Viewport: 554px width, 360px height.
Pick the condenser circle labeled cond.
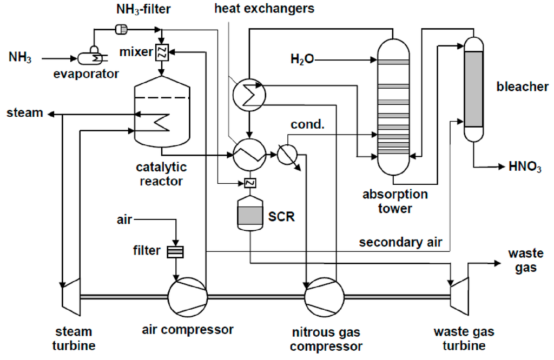(x=287, y=155)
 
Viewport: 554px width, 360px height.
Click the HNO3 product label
(x=525, y=168)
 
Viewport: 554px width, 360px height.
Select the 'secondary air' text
(x=401, y=242)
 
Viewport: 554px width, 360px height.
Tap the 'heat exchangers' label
(x=264, y=9)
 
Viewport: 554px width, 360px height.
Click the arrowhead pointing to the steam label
(x=50, y=114)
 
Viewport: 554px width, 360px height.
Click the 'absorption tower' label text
(x=395, y=201)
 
